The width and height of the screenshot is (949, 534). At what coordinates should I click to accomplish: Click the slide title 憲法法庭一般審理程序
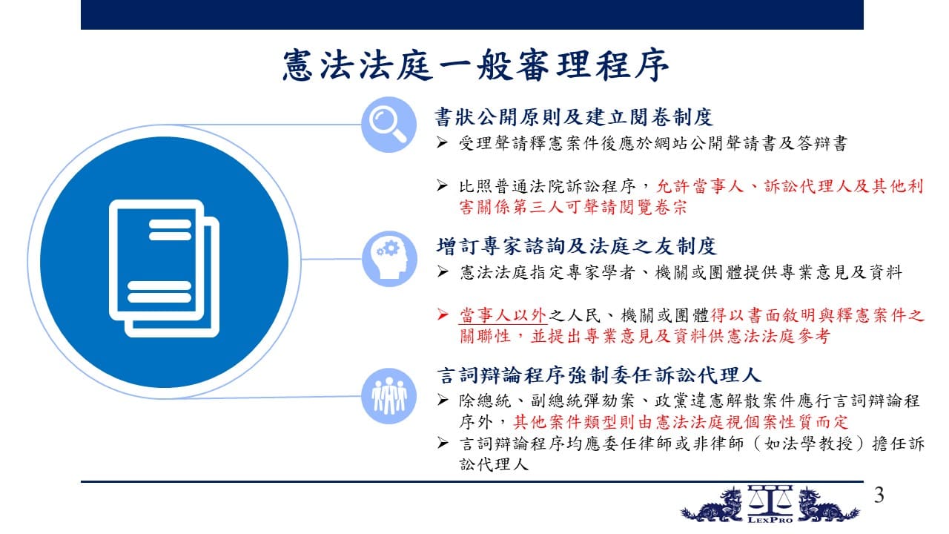click(x=475, y=65)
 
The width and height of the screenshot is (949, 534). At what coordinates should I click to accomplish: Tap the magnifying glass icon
click(x=388, y=125)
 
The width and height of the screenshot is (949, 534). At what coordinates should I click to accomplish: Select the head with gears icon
click(x=389, y=259)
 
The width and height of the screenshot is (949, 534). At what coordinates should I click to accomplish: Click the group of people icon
click(x=389, y=396)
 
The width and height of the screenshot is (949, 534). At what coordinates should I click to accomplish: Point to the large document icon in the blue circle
click(x=164, y=268)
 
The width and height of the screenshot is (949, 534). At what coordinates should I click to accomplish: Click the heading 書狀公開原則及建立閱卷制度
click(x=574, y=117)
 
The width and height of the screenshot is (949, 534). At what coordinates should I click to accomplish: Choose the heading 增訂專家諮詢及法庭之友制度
click(x=577, y=246)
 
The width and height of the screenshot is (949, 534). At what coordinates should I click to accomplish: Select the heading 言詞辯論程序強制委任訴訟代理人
click(x=599, y=375)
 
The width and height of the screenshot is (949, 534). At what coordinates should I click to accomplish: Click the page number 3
click(x=879, y=495)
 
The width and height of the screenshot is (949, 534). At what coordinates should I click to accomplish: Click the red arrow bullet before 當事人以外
click(x=443, y=314)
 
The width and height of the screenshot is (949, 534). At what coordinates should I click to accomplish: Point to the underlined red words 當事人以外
click(x=503, y=315)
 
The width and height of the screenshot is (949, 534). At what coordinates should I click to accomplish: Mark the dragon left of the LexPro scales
click(x=712, y=506)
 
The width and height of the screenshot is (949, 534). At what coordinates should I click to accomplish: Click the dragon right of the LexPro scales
click(x=827, y=505)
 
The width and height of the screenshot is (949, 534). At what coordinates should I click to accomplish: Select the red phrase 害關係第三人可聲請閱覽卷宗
click(x=573, y=207)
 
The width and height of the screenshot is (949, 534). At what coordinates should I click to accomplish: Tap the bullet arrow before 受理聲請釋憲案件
click(x=443, y=142)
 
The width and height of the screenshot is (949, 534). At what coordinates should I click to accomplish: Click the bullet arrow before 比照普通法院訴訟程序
click(x=443, y=185)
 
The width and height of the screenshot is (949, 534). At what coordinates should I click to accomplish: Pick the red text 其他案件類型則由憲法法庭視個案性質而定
click(x=681, y=422)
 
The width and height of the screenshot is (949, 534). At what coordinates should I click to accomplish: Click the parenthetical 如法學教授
click(x=809, y=444)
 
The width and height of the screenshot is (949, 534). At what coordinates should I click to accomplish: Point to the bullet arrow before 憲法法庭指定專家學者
click(x=443, y=271)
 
